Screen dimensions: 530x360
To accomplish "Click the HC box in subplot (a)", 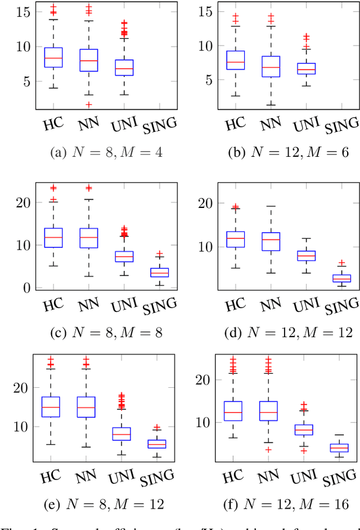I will [x=53, y=57].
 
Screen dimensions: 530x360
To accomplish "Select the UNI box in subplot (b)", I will [x=306, y=69].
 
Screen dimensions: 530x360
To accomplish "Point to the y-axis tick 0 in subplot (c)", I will [x=25, y=287].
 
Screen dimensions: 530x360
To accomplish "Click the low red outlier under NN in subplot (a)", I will [x=88, y=105].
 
